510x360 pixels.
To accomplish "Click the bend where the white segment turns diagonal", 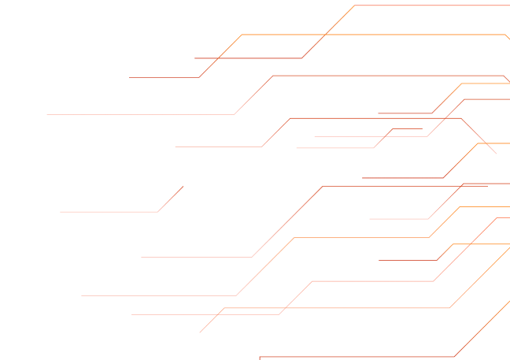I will point(235,296).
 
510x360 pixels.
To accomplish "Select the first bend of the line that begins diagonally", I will point(224,308).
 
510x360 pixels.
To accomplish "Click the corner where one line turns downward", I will point(461,118).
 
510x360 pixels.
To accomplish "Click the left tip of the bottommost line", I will point(260,357).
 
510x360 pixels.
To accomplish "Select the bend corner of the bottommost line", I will point(454,357).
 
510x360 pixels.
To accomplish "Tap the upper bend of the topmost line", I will point(354,6).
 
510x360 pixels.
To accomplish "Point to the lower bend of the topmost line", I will point(301,58).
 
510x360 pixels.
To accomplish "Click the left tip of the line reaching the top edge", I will point(195,58).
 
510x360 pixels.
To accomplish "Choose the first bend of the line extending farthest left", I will point(234,114).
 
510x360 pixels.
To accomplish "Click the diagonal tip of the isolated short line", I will point(183,187).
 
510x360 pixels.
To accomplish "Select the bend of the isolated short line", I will point(158,212).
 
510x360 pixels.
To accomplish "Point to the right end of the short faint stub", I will point(422,128).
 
